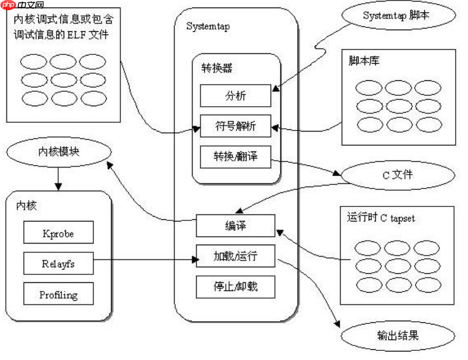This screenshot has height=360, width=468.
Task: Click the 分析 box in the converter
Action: tap(235, 96)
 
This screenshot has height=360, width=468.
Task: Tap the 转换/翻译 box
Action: tap(235, 156)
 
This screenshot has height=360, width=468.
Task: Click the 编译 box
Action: tap(235, 226)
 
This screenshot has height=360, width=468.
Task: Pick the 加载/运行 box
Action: tap(235, 255)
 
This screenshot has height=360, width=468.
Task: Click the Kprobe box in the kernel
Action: tap(58, 233)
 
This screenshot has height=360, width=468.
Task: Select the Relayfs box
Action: tap(58, 264)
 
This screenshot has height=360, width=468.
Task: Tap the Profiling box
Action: tap(58, 295)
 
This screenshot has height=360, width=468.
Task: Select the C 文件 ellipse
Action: tap(396, 175)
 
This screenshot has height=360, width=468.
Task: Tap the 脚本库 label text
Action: tap(364, 60)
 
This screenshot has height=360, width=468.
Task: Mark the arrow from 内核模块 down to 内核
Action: tap(58, 178)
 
